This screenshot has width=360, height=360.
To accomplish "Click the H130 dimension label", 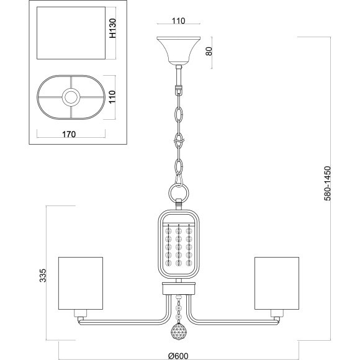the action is [x=112, y=28].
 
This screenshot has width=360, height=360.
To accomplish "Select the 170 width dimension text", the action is [x=69, y=134].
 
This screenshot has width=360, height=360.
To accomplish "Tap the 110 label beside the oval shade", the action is [x=112, y=97].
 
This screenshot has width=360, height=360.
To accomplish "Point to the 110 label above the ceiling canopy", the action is [x=178, y=20].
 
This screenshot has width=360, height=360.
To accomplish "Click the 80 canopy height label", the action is [x=209, y=51].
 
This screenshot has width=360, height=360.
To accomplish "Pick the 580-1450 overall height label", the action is [x=327, y=184].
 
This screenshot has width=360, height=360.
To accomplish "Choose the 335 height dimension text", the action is [x=43, y=276].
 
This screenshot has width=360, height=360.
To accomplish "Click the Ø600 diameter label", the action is [x=178, y=356].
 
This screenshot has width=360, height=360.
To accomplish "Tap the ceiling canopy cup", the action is [x=179, y=50].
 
